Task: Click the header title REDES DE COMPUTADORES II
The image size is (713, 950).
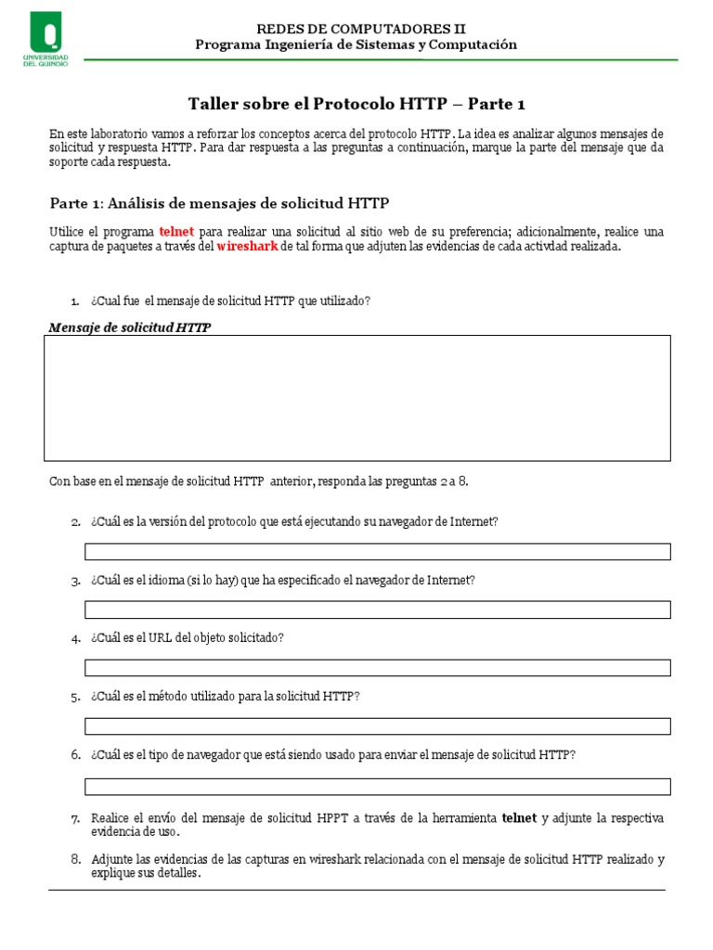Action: (x=356, y=29)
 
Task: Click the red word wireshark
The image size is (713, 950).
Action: (x=247, y=247)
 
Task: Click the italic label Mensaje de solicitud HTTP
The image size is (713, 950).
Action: (x=129, y=327)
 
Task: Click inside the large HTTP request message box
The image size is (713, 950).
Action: (x=356, y=398)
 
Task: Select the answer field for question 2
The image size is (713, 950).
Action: (x=377, y=551)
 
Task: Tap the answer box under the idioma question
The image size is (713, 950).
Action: (x=377, y=610)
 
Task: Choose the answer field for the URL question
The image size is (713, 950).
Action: (x=377, y=668)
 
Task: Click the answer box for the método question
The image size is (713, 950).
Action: (x=377, y=726)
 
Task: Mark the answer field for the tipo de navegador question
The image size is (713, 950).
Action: (x=377, y=787)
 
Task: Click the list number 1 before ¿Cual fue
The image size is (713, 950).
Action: (x=75, y=302)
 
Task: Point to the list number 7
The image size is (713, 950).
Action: (x=75, y=819)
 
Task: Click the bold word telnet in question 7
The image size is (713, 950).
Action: (x=519, y=819)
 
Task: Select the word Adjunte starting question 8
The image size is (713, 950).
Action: (x=113, y=860)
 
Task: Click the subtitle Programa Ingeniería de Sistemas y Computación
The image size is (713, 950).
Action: (x=356, y=45)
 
